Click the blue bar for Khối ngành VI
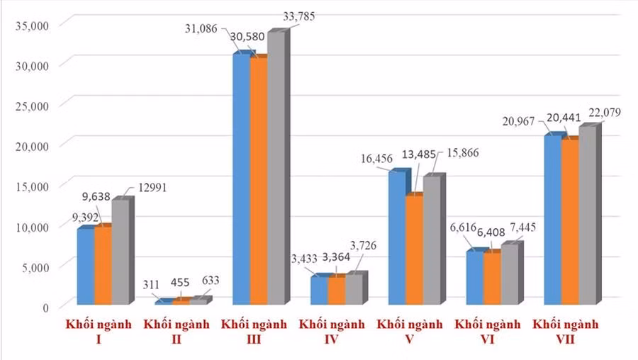[x=475, y=278]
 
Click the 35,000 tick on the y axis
[x=30, y=26]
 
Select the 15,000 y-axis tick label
[x=30, y=186]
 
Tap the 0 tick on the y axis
[x=44, y=307]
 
